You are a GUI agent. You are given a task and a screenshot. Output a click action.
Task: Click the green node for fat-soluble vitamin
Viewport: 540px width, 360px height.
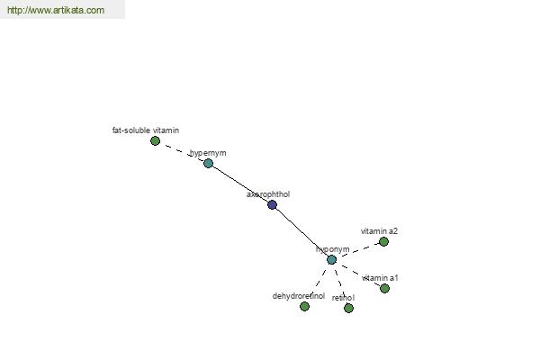tap(155, 141)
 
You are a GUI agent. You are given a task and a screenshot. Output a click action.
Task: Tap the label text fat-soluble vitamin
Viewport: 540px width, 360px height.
tap(145, 130)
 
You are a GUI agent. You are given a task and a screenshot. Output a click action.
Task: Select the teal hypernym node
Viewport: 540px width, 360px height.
tap(208, 164)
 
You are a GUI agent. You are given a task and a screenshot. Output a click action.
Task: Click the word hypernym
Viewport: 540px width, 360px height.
tap(208, 153)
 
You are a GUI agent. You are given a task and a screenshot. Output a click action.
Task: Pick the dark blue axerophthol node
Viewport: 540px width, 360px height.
tap(272, 205)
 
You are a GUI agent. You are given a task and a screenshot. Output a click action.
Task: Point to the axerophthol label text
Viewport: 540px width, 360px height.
tap(268, 193)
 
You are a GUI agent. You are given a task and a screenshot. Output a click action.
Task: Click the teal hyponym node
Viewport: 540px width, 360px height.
tap(331, 260)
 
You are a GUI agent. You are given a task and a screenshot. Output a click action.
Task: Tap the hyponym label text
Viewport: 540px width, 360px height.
tap(333, 249)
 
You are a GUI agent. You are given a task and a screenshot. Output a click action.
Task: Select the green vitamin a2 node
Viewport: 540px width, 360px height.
tap(383, 242)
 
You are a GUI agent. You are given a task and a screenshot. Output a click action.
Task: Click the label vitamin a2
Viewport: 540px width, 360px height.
tap(379, 231)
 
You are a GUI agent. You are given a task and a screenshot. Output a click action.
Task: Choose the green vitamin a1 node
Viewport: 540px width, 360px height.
tap(384, 289)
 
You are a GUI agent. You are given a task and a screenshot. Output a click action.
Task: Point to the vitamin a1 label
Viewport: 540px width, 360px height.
tap(380, 278)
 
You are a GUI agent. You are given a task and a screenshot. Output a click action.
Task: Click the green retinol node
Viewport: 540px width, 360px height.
tap(348, 309)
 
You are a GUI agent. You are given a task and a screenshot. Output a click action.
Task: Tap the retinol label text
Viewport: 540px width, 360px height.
tap(343, 298)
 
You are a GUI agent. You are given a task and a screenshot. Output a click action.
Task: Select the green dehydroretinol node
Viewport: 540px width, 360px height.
tap(304, 307)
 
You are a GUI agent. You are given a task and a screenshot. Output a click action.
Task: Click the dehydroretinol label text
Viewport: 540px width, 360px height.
tap(299, 296)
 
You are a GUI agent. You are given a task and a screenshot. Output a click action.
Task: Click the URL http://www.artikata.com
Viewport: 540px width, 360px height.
tap(56, 11)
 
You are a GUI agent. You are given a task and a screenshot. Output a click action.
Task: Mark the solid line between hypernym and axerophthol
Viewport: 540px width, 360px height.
tap(240, 184)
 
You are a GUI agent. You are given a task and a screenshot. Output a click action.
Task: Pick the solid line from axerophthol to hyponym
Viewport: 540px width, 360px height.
tap(301, 232)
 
